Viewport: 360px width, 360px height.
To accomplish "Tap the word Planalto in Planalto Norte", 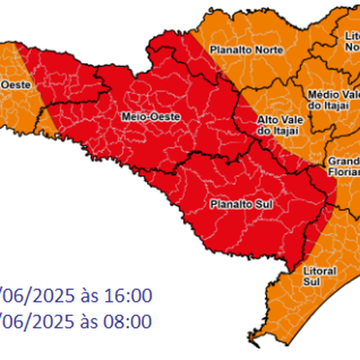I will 227,50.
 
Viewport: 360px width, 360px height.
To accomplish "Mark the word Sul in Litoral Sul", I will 314,281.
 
